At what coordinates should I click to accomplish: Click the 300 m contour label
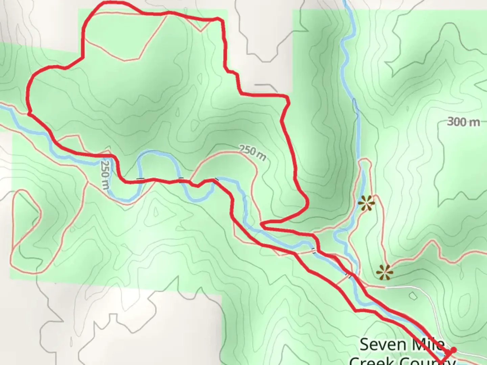click(x=463, y=122)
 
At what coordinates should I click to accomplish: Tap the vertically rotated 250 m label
click(x=105, y=174)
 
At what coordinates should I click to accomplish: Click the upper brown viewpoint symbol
click(x=367, y=203)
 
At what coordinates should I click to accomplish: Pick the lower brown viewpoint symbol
click(x=385, y=272)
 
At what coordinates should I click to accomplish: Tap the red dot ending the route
click(x=454, y=350)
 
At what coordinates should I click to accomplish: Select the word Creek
click(x=372, y=361)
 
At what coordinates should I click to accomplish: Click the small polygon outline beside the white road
click(x=413, y=296)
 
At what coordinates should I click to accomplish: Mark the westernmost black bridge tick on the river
click(x=140, y=178)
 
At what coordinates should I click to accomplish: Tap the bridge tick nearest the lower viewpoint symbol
click(x=349, y=276)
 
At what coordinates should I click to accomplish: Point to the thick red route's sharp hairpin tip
click(x=262, y=224)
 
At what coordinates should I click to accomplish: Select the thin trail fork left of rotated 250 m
click(x=88, y=182)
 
